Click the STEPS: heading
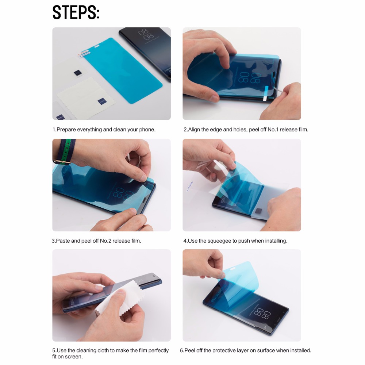point(76,12)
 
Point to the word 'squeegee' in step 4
point(218,241)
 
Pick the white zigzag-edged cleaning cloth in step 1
point(86,98)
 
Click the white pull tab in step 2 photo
point(265,93)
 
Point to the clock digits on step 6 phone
point(262,313)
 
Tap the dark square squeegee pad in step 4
point(259,211)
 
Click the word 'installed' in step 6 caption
point(300,350)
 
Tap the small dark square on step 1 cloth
point(102,101)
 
